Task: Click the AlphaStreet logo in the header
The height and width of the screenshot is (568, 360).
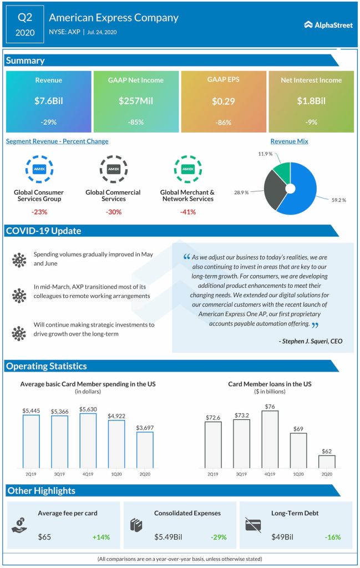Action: (328, 24)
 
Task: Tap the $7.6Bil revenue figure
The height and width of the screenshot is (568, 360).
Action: (49, 101)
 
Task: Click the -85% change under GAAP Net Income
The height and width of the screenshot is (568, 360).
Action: (136, 123)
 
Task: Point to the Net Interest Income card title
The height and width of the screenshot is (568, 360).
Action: (311, 80)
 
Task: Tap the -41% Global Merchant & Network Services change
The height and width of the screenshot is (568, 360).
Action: (187, 212)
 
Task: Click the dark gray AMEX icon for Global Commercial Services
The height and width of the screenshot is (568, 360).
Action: (113, 169)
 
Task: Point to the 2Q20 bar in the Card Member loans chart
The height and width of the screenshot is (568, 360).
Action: (327, 461)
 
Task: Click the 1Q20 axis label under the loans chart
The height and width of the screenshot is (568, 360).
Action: (298, 474)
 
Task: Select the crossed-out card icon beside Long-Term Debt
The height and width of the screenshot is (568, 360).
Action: (254, 525)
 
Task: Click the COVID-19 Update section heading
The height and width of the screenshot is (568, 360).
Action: (43, 231)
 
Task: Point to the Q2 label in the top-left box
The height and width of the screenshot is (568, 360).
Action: (25, 17)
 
